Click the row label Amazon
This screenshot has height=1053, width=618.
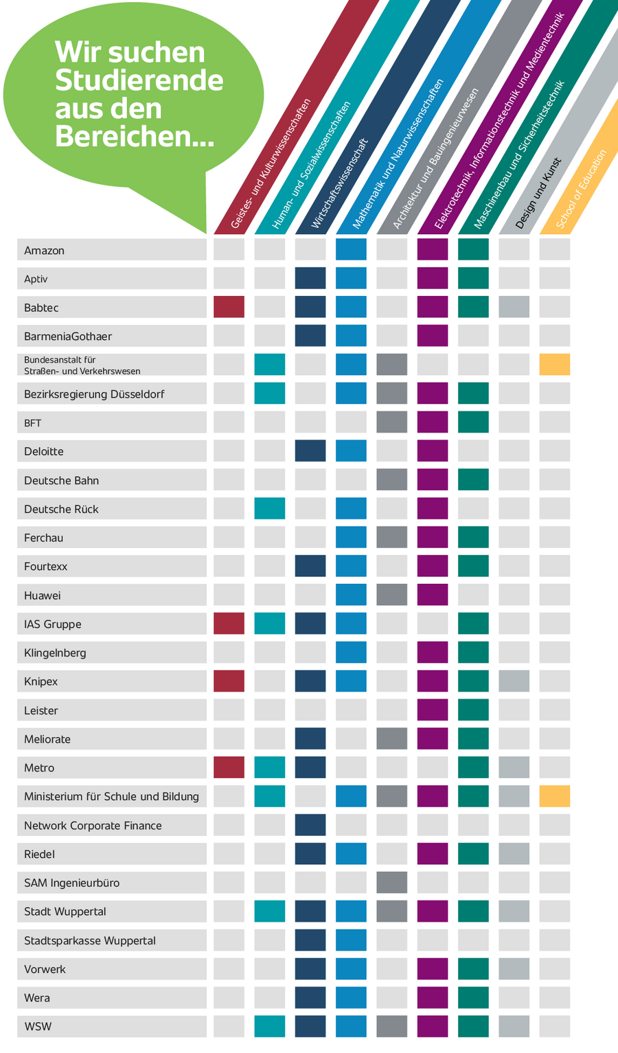pos(45,251)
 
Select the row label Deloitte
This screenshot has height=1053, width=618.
pos(44,451)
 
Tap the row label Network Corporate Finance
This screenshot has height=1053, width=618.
pos(93,826)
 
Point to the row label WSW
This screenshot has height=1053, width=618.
pos(38,1027)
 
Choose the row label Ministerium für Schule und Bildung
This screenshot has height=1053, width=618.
pos(111,797)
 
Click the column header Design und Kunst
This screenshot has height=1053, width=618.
pos(539,194)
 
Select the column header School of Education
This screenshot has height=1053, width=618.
pos(582,189)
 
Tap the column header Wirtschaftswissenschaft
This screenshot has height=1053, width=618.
pos(340,183)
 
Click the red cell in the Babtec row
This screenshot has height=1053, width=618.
pos(229,307)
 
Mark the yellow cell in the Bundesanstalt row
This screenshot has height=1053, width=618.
pos(554,365)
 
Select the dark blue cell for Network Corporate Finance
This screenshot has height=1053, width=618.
pos(310,826)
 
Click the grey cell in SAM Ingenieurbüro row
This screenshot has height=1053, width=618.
pos(391,883)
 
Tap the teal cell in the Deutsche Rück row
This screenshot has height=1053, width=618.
pos(269,509)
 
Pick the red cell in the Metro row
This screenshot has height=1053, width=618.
pos(229,768)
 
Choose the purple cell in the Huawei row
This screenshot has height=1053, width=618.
pos(432,595)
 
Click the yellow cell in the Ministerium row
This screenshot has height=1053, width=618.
pos(554,797)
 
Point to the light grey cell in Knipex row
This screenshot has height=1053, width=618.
pos(514,681)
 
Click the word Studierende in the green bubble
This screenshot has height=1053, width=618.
pos(139,80)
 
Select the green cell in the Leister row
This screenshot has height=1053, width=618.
pos(473,710)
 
